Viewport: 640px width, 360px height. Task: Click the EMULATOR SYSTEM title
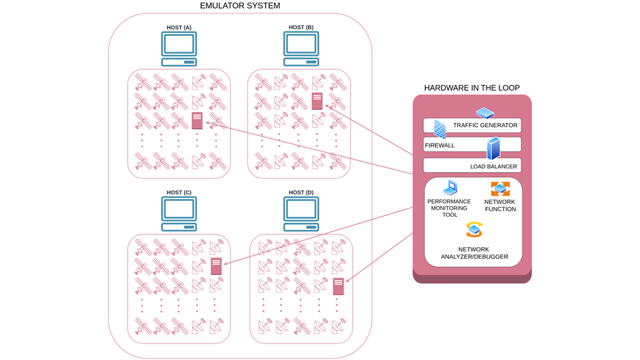240,6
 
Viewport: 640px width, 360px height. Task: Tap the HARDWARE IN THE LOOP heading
472,88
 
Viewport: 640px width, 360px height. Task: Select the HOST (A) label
179,28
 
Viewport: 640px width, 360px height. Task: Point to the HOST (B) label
301,28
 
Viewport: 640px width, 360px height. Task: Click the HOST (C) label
179,193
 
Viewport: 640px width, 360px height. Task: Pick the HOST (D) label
301,193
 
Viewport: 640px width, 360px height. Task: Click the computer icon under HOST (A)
179,48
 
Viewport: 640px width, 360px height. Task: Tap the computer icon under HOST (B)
301,48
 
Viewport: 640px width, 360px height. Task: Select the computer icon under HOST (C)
179,213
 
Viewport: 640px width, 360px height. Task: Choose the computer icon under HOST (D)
301,213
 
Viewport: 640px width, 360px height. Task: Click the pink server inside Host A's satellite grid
197,121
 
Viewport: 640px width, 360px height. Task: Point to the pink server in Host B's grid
317,101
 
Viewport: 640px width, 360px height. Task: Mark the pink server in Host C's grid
216,266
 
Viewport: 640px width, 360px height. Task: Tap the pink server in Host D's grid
338,286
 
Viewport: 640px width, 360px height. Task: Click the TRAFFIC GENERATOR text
485,126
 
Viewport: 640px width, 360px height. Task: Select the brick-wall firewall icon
440,130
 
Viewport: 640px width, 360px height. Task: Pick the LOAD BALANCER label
493,166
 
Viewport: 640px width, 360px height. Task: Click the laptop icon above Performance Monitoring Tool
449,188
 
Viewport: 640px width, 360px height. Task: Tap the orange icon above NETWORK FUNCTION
500,189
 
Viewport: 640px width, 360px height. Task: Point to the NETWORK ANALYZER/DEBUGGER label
474,253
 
